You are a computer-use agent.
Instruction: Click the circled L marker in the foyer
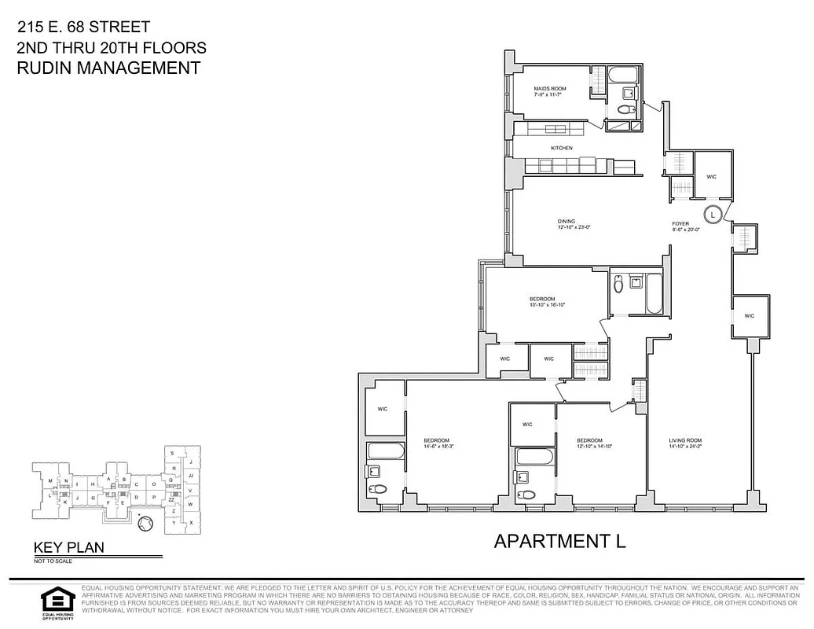(713, 213)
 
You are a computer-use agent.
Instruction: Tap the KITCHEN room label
(561, 148)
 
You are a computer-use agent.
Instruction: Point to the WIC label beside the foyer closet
(711, 176)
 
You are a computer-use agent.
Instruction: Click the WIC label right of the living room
(749, 315)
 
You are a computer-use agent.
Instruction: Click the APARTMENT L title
(559, 541)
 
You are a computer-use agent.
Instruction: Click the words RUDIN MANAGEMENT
(108, 68)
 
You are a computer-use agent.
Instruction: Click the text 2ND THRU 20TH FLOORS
(111, 48)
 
